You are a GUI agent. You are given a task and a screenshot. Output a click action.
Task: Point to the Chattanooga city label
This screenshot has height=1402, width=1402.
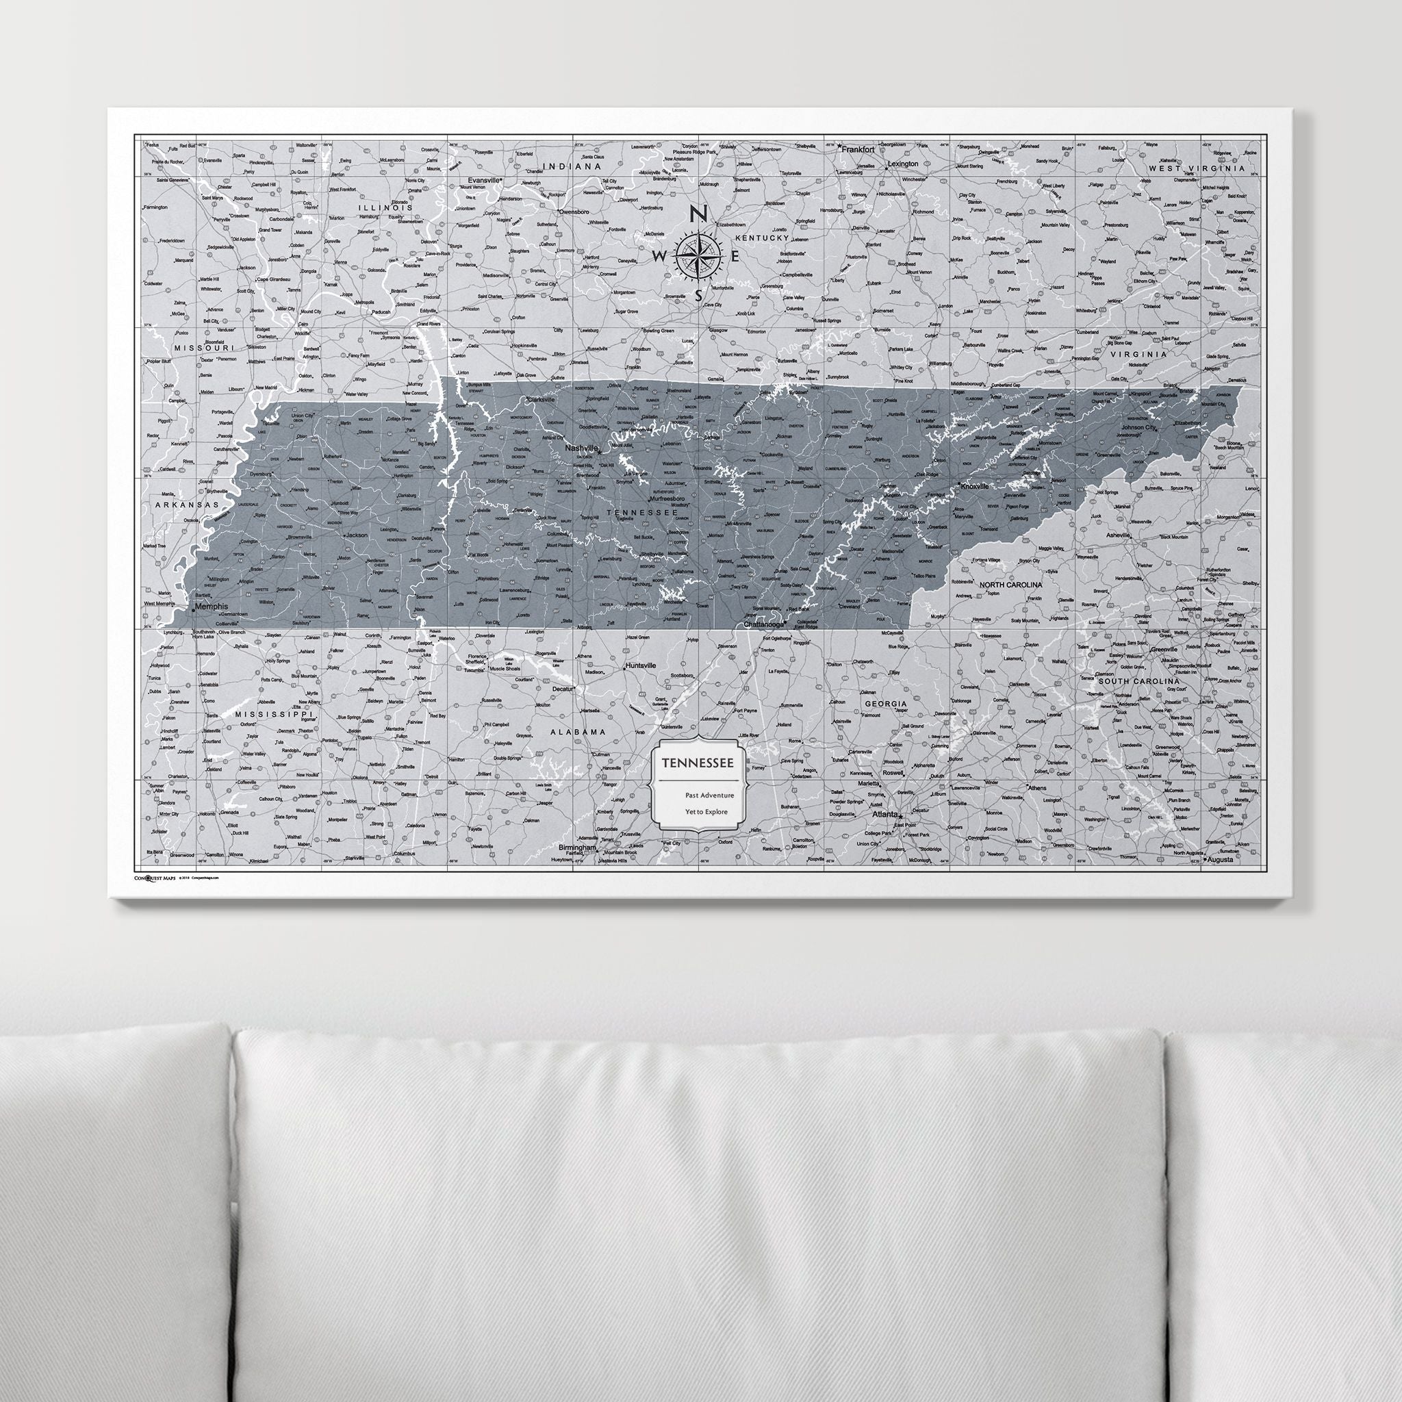[x=765, y=624]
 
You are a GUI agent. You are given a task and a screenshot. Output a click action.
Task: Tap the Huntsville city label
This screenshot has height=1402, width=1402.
[x=640, y=665]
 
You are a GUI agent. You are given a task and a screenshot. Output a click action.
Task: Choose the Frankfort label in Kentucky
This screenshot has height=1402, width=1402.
[x=858, y=149]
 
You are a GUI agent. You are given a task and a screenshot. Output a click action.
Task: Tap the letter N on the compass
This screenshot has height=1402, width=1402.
[x=698, y=214]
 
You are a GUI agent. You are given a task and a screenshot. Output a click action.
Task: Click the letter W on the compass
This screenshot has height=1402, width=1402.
[x=661, y=256]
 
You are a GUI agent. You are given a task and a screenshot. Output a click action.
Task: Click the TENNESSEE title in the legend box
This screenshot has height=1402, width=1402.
[x=696, y=763]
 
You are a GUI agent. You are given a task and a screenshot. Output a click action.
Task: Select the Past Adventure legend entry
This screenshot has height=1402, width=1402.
[x=709, y=795]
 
